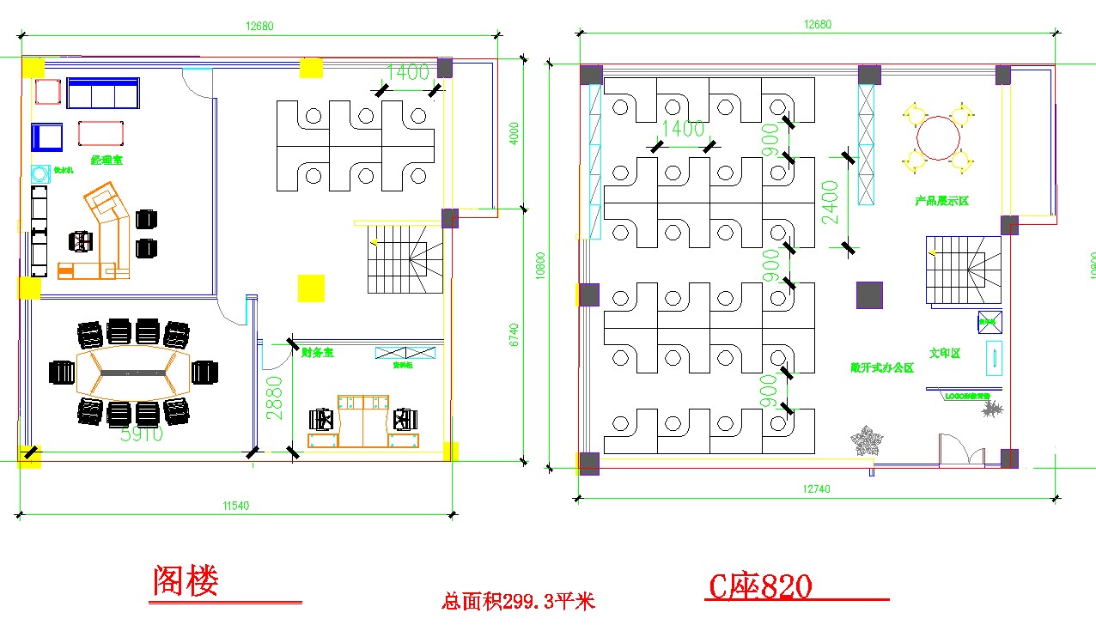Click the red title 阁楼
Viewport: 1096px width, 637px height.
(x=186, y=581)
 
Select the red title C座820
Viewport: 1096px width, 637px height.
(x=759, y=587)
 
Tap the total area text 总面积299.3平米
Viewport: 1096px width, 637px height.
(x=518, y=602)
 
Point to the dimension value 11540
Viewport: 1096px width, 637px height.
(x=234, y=506)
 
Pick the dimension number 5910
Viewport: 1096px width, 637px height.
(x=142, y=434)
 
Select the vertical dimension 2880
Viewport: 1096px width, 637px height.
(x=274, y=397)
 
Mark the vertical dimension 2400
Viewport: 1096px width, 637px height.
(x=830, y=202)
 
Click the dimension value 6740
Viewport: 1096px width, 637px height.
(x=515, y=334)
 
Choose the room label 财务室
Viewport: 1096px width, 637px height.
(x=317, y=352)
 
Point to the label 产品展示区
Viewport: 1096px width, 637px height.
(x=941, y=201)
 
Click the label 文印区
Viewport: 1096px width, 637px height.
(x=944, y=353)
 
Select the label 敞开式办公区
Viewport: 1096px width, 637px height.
(x=881, y=367)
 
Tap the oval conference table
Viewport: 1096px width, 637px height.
(x=132, y=372)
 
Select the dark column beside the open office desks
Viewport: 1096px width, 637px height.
(x=869, y=294)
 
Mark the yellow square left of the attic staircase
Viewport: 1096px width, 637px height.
(x=311, y=288)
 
